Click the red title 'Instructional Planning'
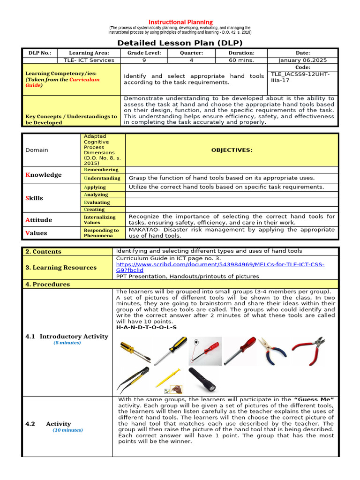coord(180,22)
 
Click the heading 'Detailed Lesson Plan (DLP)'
coord(180,43)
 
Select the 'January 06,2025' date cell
coord(302,60)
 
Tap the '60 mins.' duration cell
coord(241,60)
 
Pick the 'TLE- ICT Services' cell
coord(89,60)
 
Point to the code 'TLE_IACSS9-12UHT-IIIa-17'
coord(300,77)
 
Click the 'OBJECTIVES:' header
coord(232,150)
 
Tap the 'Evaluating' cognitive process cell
coord(97,202)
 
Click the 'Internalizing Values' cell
coord(99,220)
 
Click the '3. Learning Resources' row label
coord(61,268)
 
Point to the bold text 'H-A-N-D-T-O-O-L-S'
coord(146,327)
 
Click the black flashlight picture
coord(202,380)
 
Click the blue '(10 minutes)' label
coord(67,430)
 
